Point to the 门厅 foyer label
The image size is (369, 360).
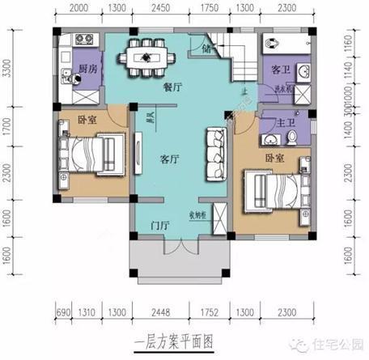click(x=159, y=224)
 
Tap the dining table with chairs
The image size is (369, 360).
click(x=155, y=58)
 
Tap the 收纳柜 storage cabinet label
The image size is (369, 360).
click(x=201, y=214)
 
